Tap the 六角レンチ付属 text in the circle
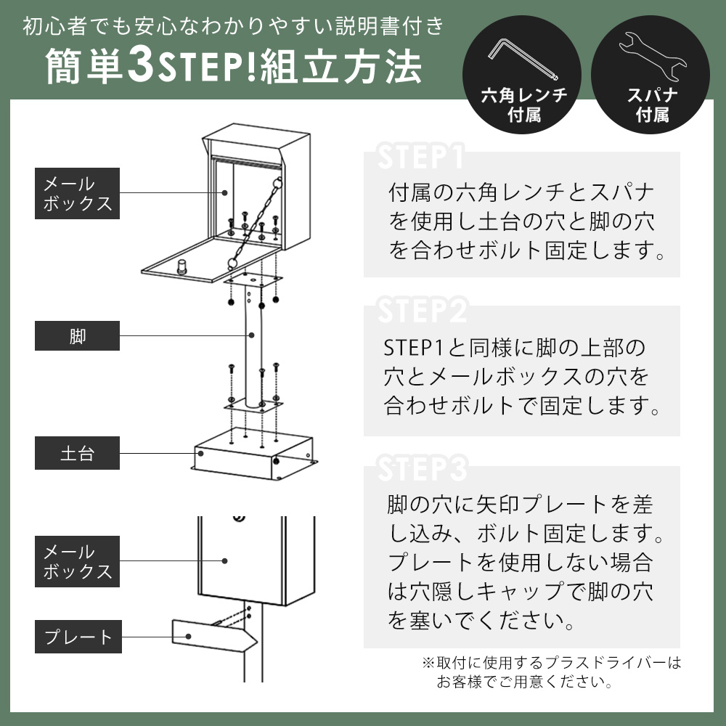click(x=523, y=105)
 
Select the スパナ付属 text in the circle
click(x=653, y=105)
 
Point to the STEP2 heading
click(x=423, y=310)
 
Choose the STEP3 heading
click(x=423, y=468)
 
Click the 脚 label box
click(x=78, y=335)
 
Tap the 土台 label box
click(x=78, y=453)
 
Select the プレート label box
click(x=78, y=637)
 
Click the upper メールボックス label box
click(x=78, y=194)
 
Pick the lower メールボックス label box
click(x=78, y=561)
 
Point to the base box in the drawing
click(x=254, y=454)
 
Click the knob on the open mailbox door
click(x=182, y=266)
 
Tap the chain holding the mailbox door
click(x=255, y=221)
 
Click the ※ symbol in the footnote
click(x=428, y=663)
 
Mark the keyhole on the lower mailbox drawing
click(x=239, y=518)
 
